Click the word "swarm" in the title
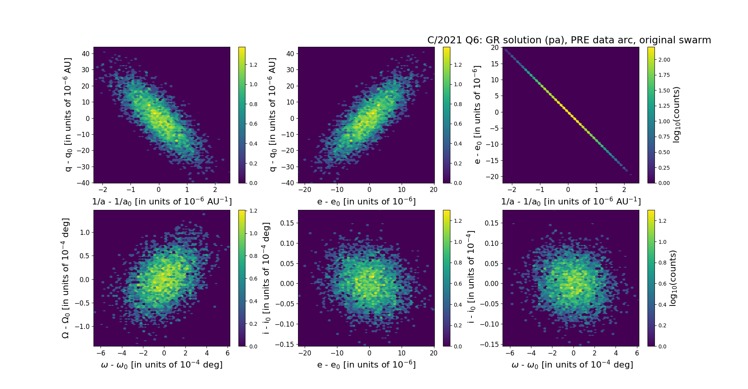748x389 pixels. (695, 40)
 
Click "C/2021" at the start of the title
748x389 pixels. (441, 40)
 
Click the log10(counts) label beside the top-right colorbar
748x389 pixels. (676, 115)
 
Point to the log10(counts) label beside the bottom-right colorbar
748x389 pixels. (673, 278)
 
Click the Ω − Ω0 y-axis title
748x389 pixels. (65, 278)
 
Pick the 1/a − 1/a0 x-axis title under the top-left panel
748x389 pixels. (162, 201)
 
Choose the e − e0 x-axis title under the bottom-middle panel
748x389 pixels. (366, 364)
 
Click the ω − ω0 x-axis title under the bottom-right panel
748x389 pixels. (572, 364)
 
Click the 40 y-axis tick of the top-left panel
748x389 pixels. (85, 53)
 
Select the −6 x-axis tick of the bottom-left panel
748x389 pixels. (101, 353)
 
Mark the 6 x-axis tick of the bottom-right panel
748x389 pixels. (637, 353)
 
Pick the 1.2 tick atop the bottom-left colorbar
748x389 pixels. (253, 211)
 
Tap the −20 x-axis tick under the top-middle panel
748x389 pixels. (305, 190)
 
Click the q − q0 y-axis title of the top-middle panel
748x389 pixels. (272, 115)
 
